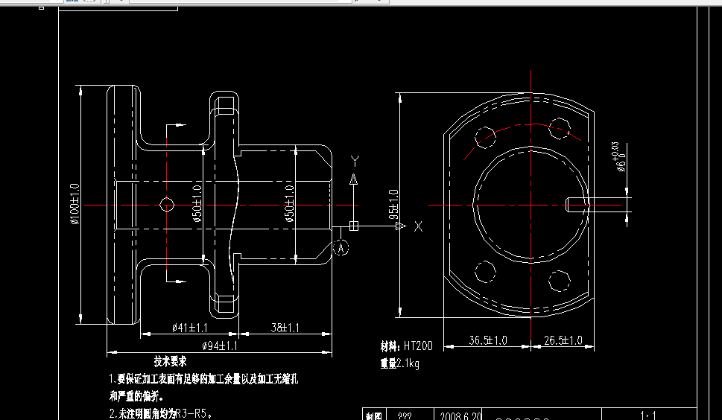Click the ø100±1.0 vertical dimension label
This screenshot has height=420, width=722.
point(75,205)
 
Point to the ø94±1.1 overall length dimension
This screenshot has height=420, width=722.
point(220,346)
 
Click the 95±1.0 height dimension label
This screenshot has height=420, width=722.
point(393,204)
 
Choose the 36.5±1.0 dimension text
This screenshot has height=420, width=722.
point(487,340)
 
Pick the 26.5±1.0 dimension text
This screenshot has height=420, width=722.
point(563,340)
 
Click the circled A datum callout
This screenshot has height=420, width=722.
point(341,247)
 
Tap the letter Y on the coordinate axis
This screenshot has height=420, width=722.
point(355,161)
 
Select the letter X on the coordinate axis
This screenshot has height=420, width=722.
point(418,226)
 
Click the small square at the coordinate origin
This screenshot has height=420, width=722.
point(354,226)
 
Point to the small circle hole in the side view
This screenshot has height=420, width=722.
point(167,204)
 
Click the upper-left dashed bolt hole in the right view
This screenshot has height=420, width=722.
point(485,137)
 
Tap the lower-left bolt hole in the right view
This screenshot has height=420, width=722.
point(486,273)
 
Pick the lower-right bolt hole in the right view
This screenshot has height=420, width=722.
point(559,281)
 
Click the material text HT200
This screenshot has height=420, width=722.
point(417,346)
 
